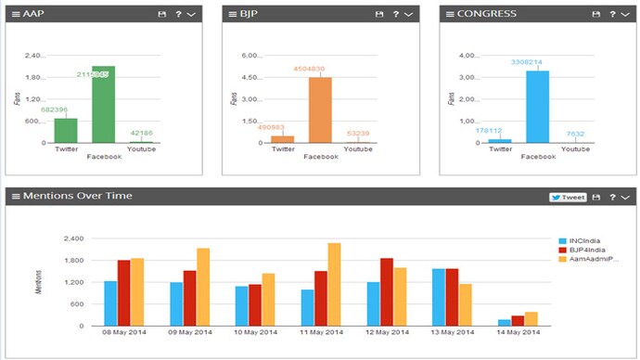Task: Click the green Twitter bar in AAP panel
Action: pyautogui.click(x=66, y=131)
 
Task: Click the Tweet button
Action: pyautogui.click(x=568, y=197)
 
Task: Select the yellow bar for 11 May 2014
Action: pyautogui.click(x=333, y=284)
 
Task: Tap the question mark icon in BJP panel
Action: pyautogui.click(x=395, y=15)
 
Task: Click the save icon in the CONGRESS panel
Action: pyautogui.click(x=597, y=15)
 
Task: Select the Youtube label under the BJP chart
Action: pyautogui.click(x=358, y=148)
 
